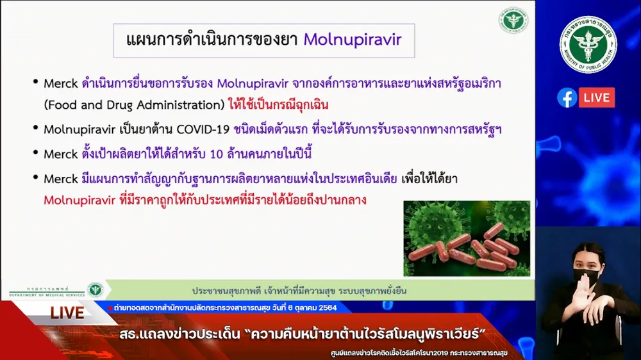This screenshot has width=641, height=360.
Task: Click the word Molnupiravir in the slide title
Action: point(353,40)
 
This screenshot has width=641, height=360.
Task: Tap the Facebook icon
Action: point(567,97)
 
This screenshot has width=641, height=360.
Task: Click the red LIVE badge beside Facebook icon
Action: point(596,97)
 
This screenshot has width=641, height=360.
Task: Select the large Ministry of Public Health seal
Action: point(588,45)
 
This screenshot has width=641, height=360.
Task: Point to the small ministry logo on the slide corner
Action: point(513,20)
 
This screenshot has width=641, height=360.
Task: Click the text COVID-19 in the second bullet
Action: point(203,129)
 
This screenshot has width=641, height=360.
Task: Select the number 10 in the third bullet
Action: point(216,154)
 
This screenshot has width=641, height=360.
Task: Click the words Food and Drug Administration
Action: point(135,105)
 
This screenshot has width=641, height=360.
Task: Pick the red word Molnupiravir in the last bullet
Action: point(79,200)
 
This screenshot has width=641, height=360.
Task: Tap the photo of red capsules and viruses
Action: point(467,238)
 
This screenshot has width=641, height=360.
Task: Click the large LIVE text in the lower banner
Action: point(67,313)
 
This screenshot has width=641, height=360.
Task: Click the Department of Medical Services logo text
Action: point(47,291)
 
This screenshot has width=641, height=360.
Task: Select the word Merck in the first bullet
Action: point(60,84)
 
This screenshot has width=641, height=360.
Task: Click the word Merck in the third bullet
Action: point(60,154)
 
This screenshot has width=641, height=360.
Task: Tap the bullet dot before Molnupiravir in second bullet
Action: point(36,128)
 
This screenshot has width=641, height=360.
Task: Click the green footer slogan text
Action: point(299,291)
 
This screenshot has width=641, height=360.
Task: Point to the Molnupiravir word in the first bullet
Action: point(253,84)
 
